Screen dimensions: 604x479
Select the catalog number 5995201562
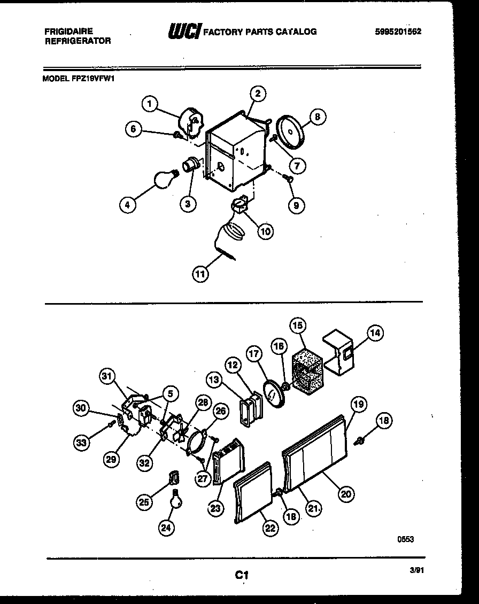(398, 32)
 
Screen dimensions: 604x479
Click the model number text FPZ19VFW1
(92, 77)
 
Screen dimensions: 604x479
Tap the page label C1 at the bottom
(242, 575)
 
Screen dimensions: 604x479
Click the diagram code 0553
(405, 539)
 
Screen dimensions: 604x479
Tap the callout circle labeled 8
(318, 117)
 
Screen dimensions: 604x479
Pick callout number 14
(375, 333)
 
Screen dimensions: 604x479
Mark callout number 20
(346, 494)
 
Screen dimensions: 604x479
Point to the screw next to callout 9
(288, 179)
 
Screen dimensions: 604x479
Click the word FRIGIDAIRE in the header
(68, 32)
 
